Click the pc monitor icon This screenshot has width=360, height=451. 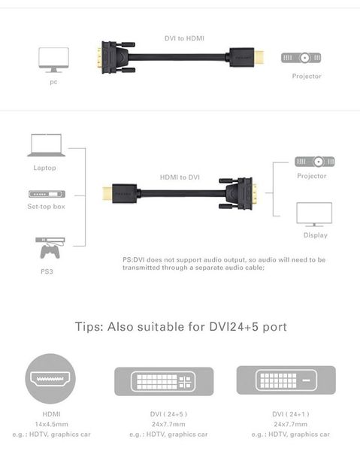(53, 59)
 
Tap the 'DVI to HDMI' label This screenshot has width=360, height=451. (184, 38)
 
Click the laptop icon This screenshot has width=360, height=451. (44, 145)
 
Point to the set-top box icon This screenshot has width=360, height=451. (45, 193)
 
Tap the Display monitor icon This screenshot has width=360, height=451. (314, 215)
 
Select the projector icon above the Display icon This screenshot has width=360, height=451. (314, 162)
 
